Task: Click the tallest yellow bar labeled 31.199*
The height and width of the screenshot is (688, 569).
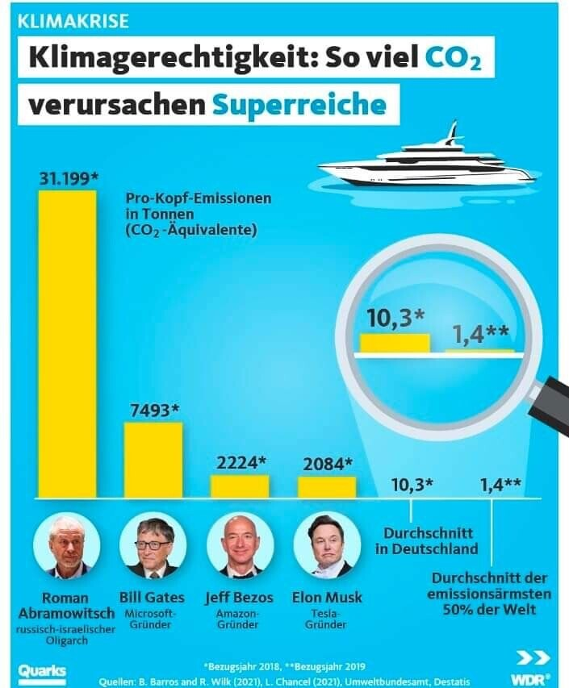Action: coord(68,343)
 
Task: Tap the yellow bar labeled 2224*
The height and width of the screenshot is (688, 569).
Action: coord(240,486)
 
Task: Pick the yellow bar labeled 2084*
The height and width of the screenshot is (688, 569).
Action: coord(327,486)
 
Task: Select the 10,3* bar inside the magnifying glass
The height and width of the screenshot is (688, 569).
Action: coord(395,342)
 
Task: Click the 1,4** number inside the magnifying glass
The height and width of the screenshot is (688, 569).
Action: coord(479,334)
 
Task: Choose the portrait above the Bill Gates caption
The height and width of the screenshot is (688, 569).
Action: coord(153,545)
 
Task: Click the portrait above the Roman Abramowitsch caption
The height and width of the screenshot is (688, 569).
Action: coord(67,545)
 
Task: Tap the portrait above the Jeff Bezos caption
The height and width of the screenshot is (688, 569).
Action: coord(240,545)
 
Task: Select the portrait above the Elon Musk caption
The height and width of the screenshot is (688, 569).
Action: coord(327,545)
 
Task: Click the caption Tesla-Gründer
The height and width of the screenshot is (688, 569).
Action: coord(327,619)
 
